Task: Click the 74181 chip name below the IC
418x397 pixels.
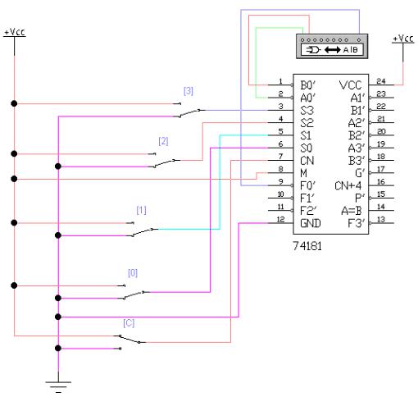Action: coord(307,246)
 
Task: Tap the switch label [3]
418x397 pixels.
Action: coord(189,91)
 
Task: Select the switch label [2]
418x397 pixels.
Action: coord(163,141)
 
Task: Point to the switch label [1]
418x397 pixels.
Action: coord(141,210)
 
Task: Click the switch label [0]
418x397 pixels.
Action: coord(133,273)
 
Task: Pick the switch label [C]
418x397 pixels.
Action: coord(129,323)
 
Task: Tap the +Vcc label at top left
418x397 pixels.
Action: coord(15,32)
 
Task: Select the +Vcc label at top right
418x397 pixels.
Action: coord(403,39)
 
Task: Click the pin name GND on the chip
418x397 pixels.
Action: coord(311,223)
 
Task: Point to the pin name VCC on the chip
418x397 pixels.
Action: coord(350,85)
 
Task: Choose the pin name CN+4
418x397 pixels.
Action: coord(348,185)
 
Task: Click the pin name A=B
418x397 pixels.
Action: coord(352,211)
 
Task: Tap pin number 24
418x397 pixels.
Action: coord(381,81)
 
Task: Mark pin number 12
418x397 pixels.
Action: coord(280,219)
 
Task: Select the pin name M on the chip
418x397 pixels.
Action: coord(303,173)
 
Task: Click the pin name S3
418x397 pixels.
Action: coord(307,111)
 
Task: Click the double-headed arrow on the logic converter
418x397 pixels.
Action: coord(332,50)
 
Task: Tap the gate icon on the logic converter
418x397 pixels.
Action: coord(313,50)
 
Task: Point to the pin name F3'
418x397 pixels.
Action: coord(357,223)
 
